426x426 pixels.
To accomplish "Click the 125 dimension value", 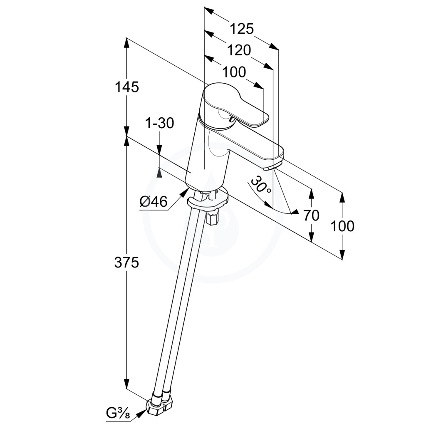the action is click(242, 29).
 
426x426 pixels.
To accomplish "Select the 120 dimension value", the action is click(239, 50).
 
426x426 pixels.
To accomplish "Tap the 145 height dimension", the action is click(127, 87).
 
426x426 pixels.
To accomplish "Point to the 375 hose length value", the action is click(126, 263).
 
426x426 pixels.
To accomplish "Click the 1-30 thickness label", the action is click(159, 123).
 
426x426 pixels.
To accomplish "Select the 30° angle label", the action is click(260, 185).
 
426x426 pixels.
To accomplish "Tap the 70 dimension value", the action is click(311, 215).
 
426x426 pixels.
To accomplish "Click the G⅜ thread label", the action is click(118, 414).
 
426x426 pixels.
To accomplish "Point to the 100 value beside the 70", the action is click(342, 226).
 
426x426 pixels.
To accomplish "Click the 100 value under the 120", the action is click(234, 72).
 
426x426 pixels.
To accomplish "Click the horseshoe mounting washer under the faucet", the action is click(208, 200).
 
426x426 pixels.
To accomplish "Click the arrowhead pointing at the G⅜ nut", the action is click(140, 414).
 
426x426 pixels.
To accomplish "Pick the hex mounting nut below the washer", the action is click(213, 217).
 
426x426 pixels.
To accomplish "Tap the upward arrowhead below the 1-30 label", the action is click(159, 172).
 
